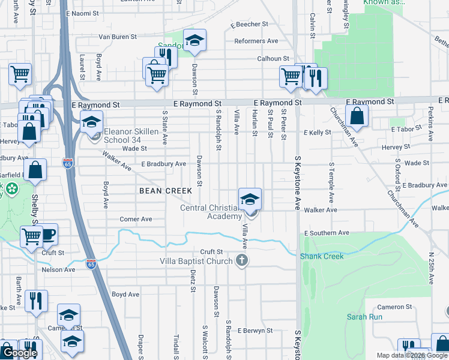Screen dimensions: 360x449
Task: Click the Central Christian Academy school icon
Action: click(250, 199)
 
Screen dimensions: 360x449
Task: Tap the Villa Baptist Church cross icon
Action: click(242, 260)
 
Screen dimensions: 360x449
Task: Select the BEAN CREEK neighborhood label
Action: click(166, 191)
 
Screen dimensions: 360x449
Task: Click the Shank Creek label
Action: click(322, 256)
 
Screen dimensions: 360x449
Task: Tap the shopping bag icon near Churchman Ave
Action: click(357, 116)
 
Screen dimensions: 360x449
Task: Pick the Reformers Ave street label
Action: click(256, 41)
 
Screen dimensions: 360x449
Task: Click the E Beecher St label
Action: click(249, 24)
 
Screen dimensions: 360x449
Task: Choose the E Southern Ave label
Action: click(327, 233)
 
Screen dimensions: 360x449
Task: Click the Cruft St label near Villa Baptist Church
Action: click(211, 252)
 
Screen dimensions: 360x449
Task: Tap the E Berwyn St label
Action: click(255, 331)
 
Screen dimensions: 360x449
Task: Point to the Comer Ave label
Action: click(135, 219)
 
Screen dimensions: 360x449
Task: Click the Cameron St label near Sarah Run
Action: click(394, 307)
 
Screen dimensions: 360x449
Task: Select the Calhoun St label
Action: click(273, 59)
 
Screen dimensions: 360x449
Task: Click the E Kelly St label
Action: click(318, 133)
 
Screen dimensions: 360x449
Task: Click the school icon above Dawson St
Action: click(194, 40)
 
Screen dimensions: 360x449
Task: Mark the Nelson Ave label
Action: click(59, 269)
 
